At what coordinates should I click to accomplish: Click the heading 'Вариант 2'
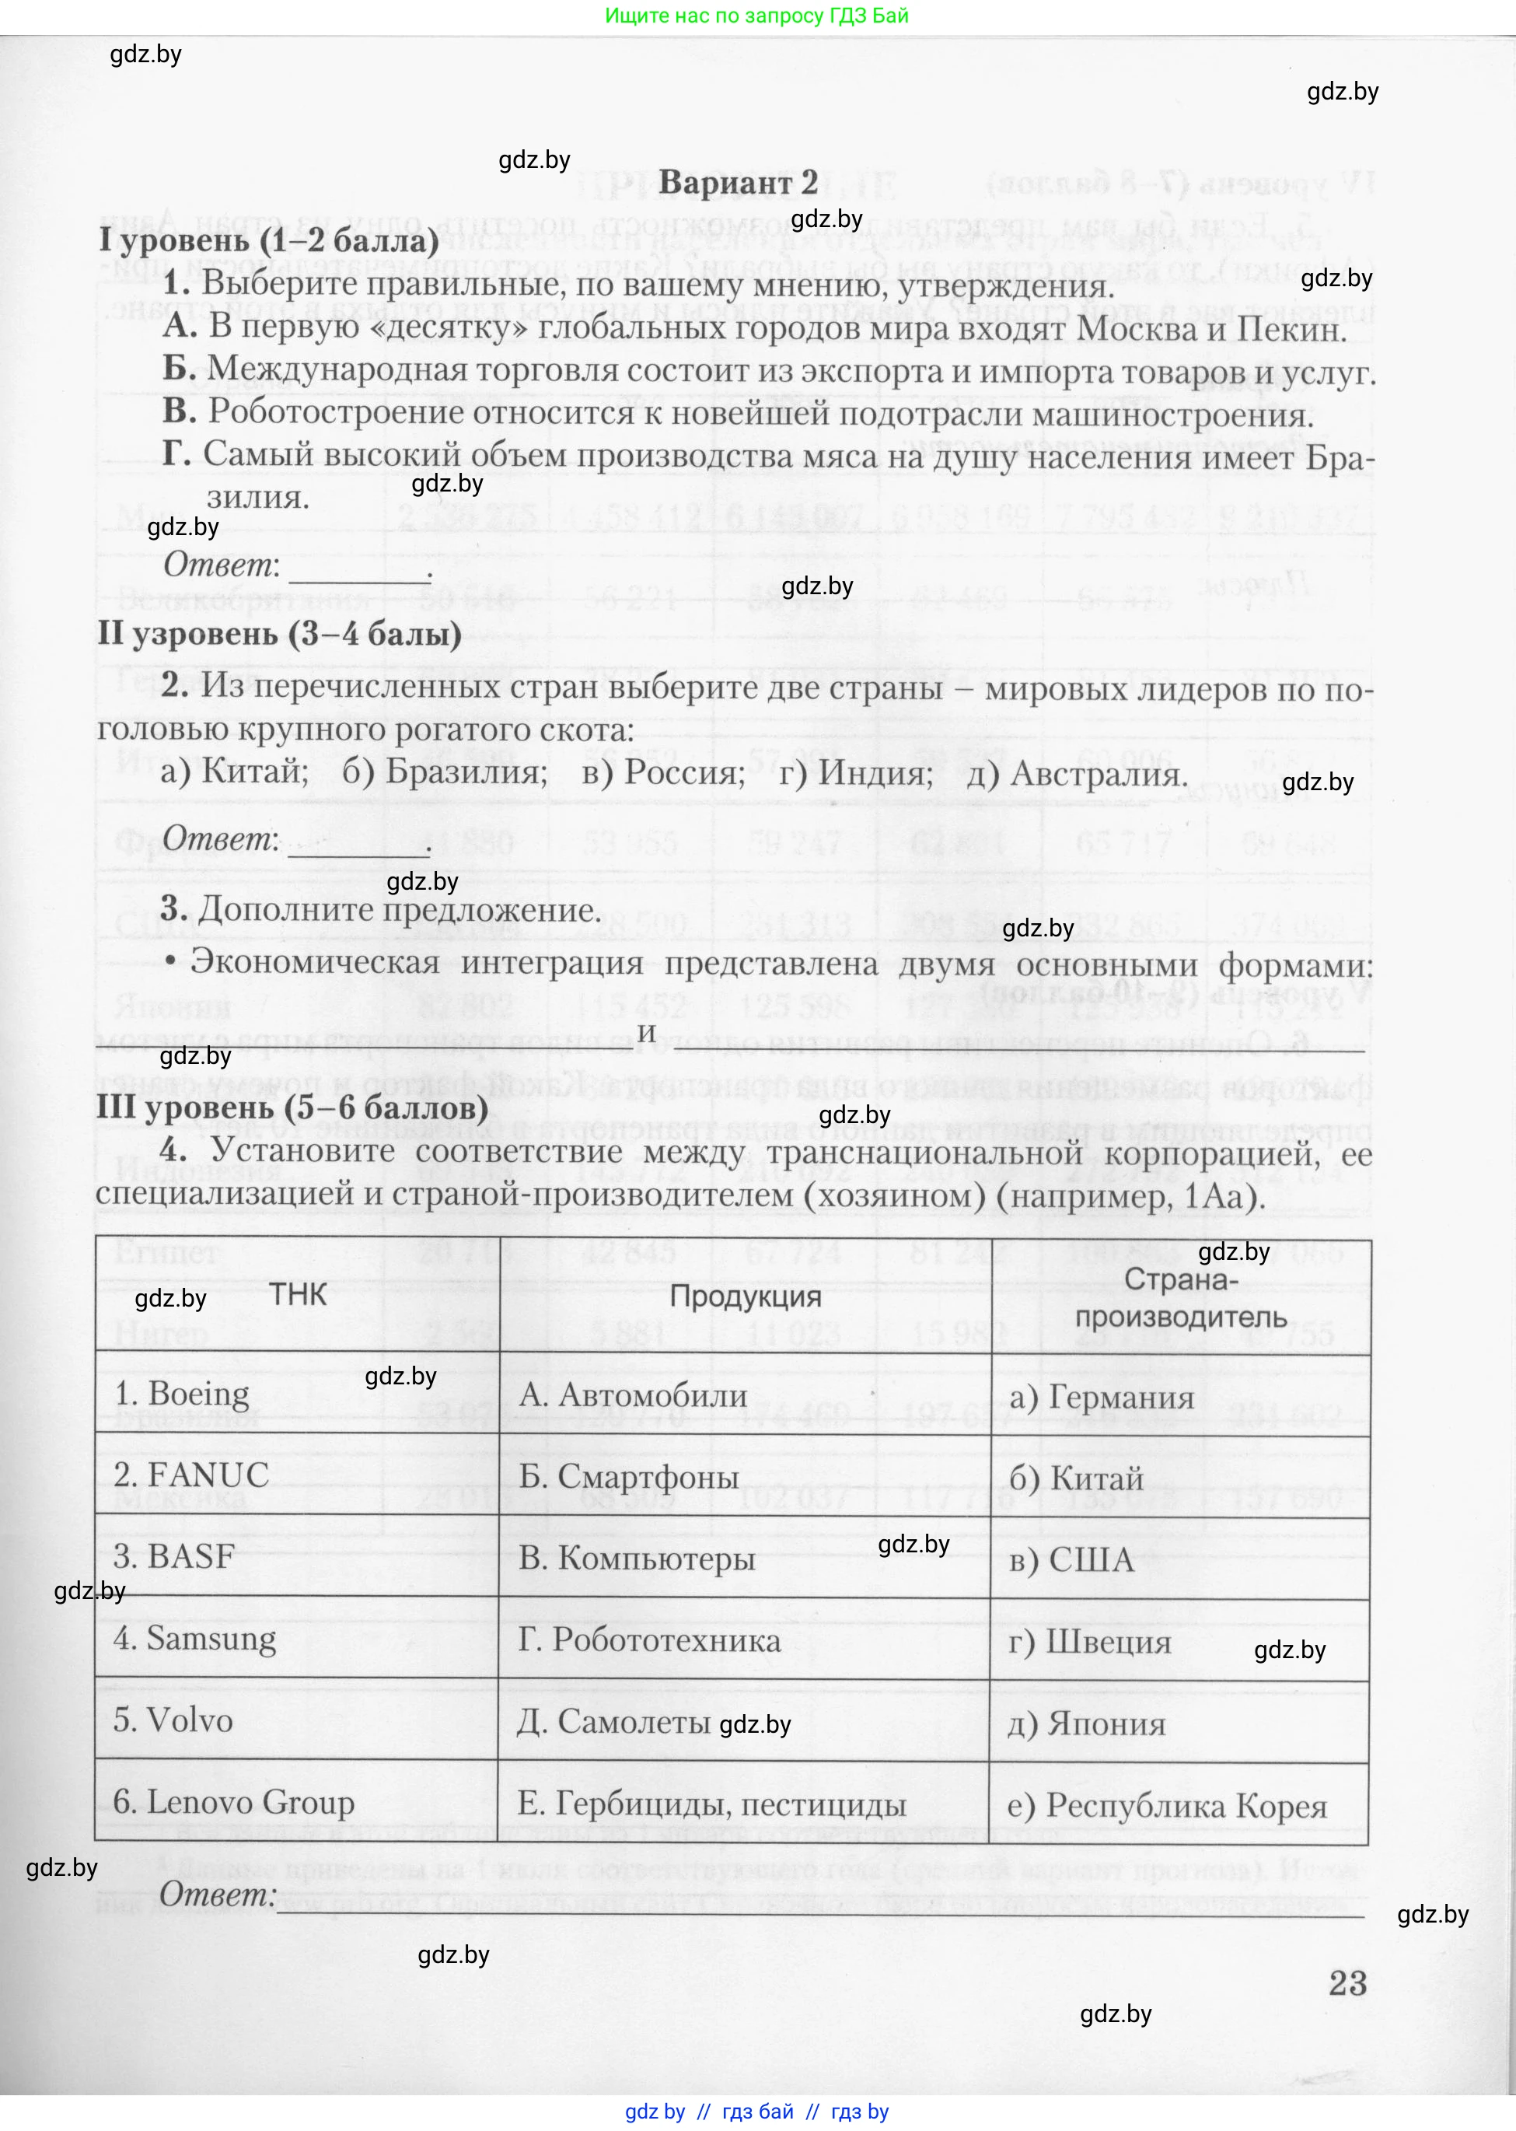coord(738,182)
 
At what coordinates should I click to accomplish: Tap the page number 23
coord(1347,1982)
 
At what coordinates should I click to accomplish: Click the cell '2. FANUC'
coord(191,1475)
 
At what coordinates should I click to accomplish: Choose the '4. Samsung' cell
coord(195,1639)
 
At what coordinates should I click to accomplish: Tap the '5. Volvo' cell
coord(173,1720)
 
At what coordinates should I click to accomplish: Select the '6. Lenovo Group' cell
coord(233,1802)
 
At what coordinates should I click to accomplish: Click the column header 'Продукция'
coord(745,1296)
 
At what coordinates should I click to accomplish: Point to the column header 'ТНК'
coord(298,1295)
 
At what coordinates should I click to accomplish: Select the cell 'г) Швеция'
coord(1089,1642)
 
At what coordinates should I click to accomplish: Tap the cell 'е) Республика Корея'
coord(1167,1805)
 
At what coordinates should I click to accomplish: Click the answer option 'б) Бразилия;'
coord(445,772)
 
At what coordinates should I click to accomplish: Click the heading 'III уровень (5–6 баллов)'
coord(292,1107)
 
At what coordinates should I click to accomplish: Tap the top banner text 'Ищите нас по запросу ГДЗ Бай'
coord(757,16)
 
